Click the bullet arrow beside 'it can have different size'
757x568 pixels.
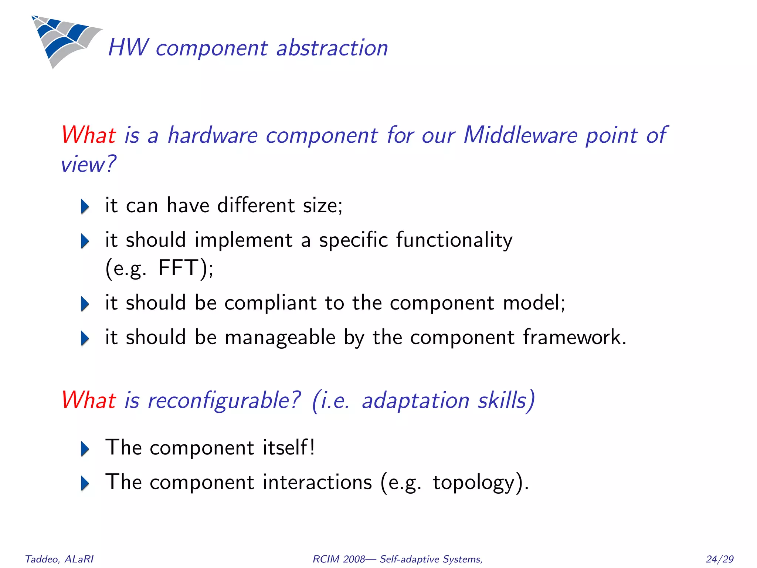[85, 206]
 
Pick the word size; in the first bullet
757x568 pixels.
[323, 206]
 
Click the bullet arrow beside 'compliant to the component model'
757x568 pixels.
[85, 304]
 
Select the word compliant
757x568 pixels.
[270, 303]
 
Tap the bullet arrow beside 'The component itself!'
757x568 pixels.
[85, 449]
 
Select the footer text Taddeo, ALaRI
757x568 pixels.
[59, 559]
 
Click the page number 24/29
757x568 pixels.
[719, 559]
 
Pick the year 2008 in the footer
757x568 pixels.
[354, 559]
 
